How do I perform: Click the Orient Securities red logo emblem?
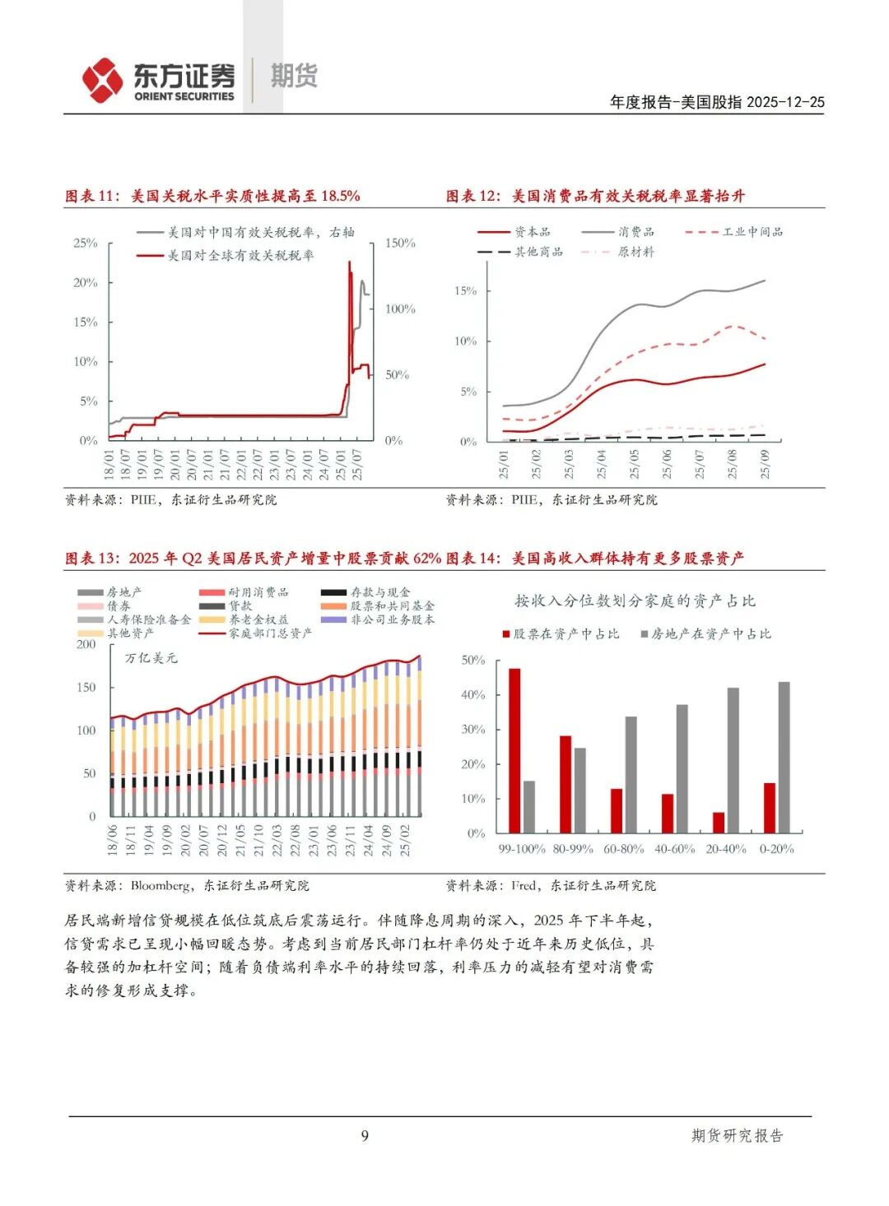click(x=103, y=80)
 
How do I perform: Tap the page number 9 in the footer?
click(x=365, y=1136)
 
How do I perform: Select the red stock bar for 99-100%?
click(x=514, y=750)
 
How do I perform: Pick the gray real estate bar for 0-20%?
click(x=784, y=757)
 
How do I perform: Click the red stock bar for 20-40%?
click(x=719, y=822)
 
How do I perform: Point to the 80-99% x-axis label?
click(x=573, y=849)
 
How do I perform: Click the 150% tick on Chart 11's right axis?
click(x=400, y=244)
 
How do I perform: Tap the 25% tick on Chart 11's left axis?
click(x=86, y=244)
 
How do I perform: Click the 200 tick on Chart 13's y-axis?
click(x=86, y=644)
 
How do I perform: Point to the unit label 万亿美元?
click(x=151, y=658)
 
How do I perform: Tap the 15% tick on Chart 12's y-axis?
click(x=465, y=290)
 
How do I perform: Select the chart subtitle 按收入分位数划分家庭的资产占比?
click(x=635, y=601)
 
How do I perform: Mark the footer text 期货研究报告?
click(x=737, y=1136)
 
